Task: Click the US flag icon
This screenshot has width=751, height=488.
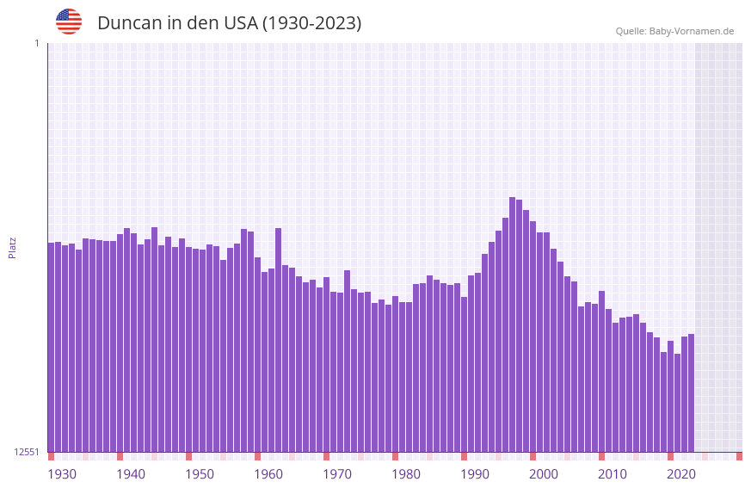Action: (69, 22)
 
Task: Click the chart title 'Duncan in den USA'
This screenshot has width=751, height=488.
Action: (229, 23)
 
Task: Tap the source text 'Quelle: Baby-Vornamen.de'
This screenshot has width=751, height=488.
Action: (674, 31)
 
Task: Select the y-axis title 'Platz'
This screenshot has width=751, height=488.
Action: (12, 247)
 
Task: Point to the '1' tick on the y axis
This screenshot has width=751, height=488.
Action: (36, 43)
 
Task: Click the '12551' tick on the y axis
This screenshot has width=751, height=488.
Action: (27, 452)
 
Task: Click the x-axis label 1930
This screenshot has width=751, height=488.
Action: (62, 474)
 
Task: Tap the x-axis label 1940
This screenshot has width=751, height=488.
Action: (131, 474)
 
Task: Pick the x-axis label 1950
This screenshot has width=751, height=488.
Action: (200, 474)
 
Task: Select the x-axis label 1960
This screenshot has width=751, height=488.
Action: (268, 474)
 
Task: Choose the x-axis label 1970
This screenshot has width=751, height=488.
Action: (337, 474)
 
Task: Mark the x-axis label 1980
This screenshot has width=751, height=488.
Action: (406, 474)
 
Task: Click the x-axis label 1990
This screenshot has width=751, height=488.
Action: (475, 474)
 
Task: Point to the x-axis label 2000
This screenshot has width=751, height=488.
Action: (544, 474)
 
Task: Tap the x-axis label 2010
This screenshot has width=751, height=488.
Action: (612, 474)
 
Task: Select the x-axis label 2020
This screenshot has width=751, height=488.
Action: (681, 474)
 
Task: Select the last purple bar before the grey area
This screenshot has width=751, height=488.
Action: (691, 392)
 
